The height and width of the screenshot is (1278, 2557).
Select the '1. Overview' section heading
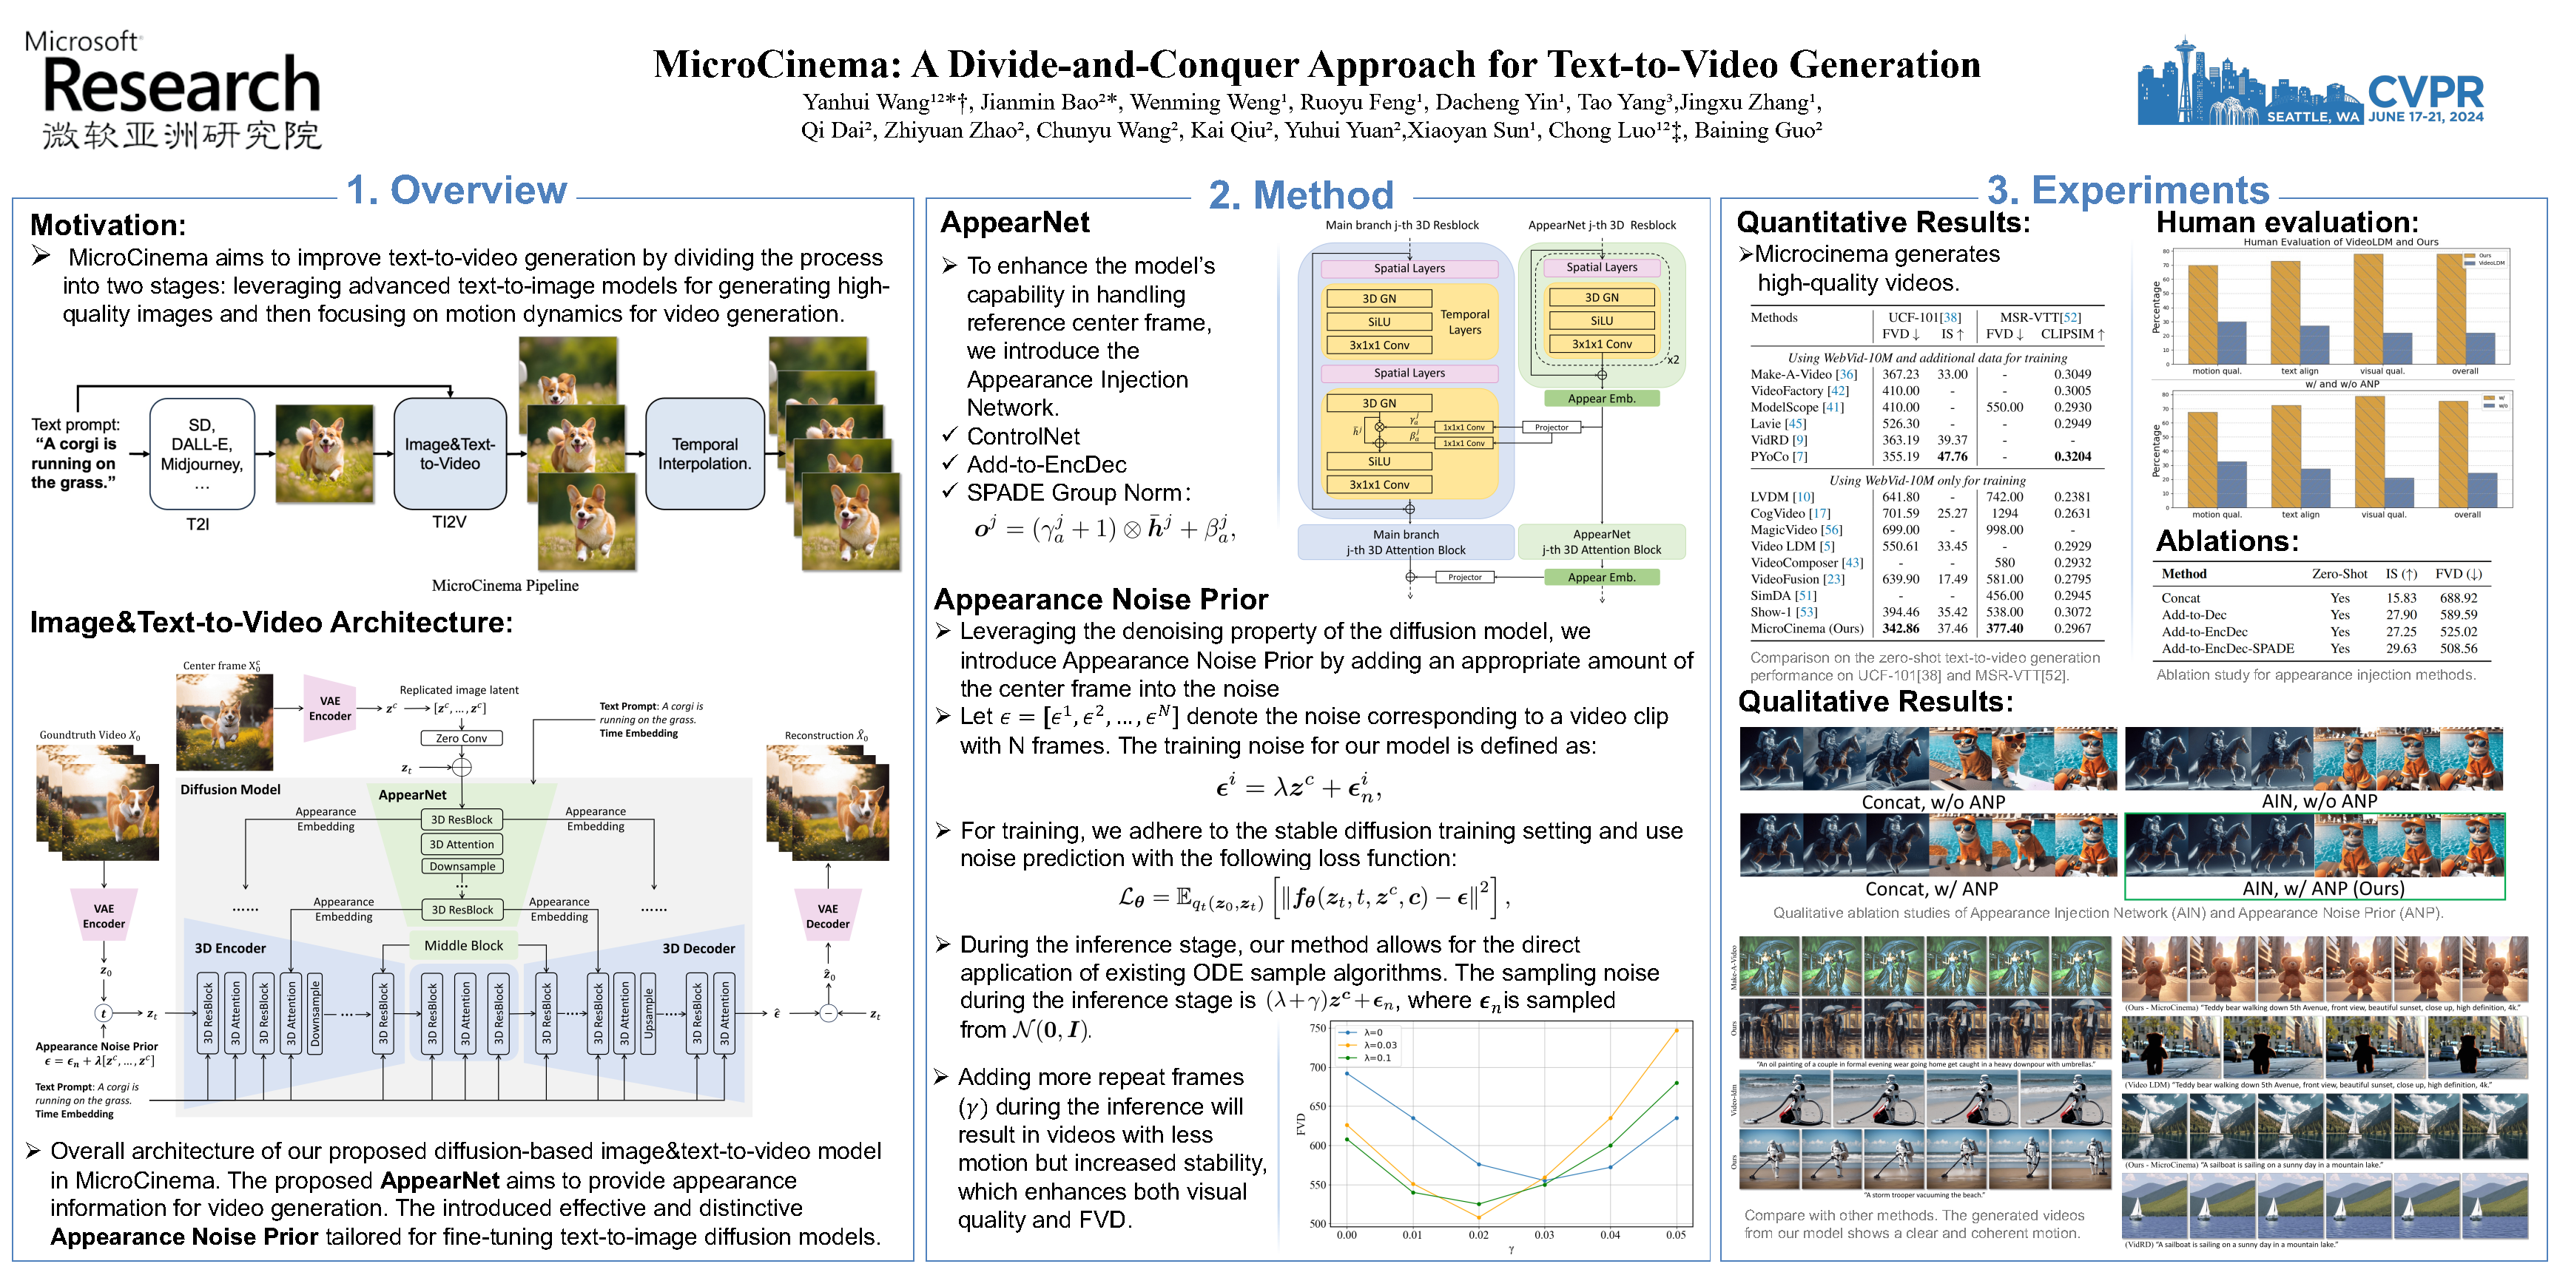tap(457, 189)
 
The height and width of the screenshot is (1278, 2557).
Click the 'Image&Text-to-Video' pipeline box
tap(450, 453)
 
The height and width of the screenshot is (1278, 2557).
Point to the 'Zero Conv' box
tap(462, 738)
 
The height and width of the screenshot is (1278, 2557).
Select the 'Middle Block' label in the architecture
tap(464, 946)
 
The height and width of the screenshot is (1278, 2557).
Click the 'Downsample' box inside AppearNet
tap(462, 866)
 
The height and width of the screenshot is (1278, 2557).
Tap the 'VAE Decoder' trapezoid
tap(827, 915)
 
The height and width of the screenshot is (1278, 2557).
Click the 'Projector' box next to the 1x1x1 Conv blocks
tap(1552, 427)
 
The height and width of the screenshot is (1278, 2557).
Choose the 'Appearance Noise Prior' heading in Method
tap(1101, 599)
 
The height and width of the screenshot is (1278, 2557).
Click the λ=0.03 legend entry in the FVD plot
tap(1380, 1045)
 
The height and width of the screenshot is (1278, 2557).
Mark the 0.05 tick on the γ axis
tap(1676, 1235)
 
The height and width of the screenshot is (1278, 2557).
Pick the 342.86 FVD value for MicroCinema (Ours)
tap(1900, 628)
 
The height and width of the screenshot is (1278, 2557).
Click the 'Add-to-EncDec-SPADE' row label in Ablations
tap(2228, 649)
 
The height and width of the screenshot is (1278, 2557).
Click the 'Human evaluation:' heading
tap(2287, 223)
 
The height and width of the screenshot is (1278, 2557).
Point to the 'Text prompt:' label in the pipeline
tap(75, 425)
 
